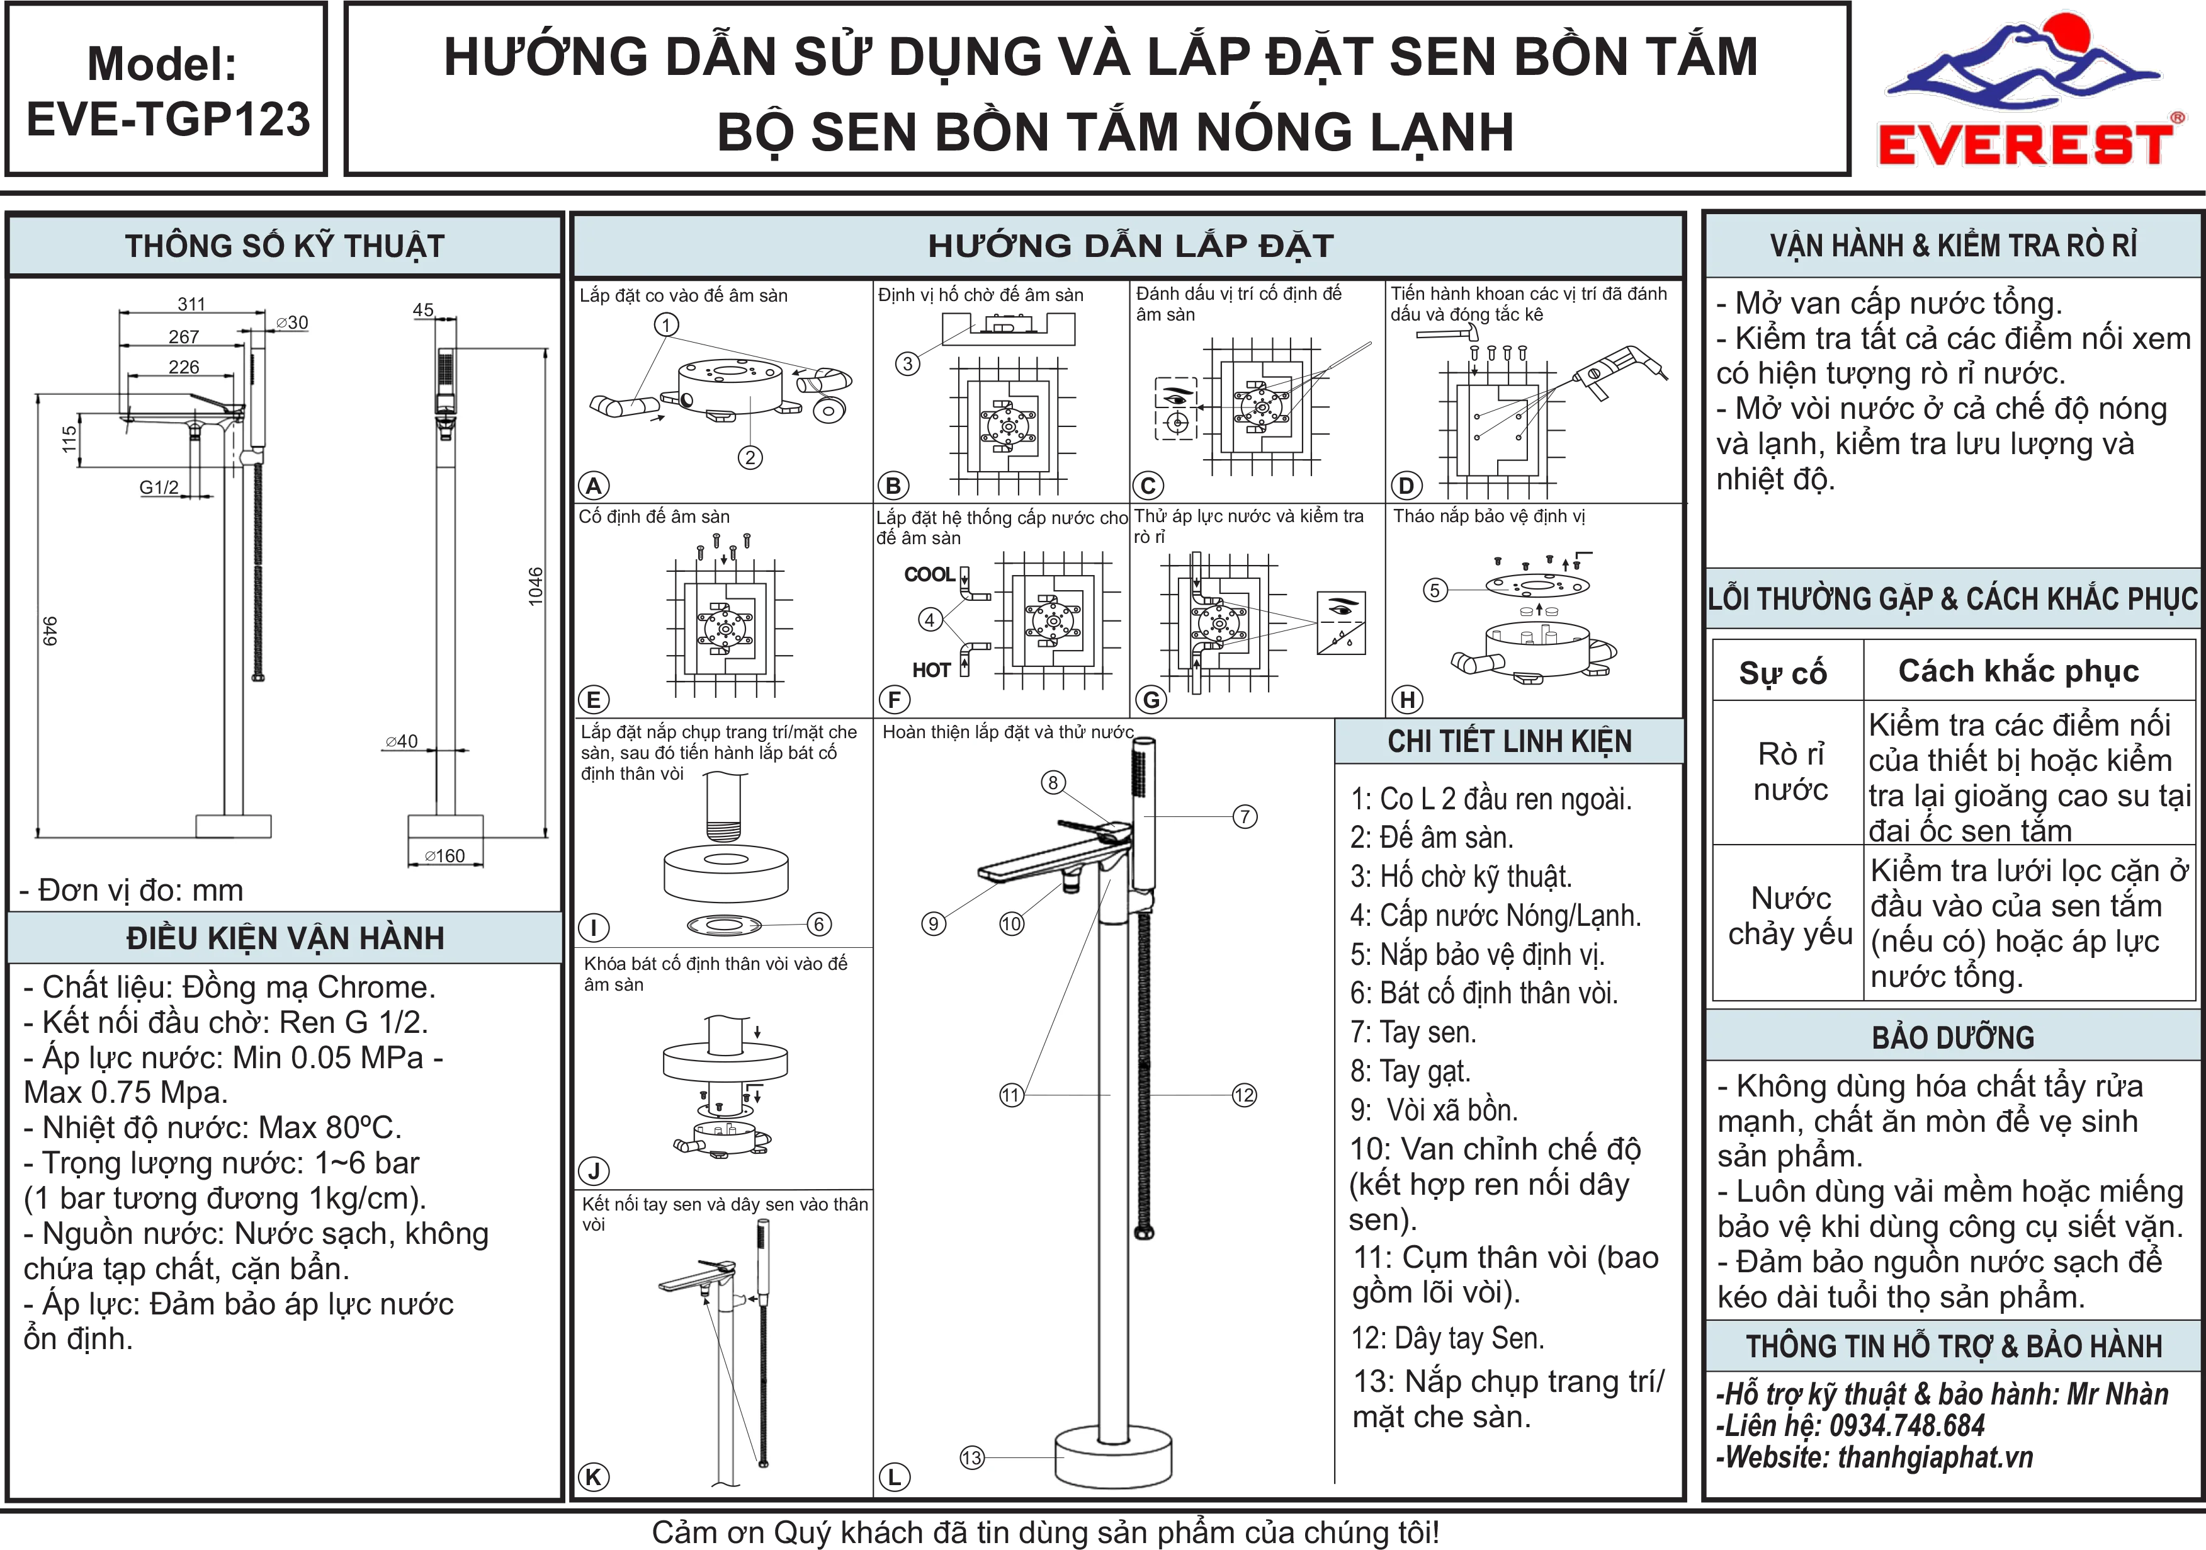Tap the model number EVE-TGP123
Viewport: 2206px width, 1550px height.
[168, 119]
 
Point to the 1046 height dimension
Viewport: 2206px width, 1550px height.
[535, 586]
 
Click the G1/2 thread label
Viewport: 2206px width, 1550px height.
[159, 487]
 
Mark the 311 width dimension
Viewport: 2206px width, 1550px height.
[191, 304]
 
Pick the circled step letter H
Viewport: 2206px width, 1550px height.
[1408, 700]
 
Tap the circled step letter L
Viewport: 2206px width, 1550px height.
[893, 1477]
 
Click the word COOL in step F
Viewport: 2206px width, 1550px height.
[929, 574]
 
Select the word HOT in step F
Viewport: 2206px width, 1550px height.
[931, 670]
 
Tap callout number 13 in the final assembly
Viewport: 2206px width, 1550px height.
[971, 1458]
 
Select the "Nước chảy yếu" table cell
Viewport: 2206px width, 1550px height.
[1790, 916]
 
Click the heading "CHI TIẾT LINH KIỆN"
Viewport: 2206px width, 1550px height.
[1510, 742]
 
